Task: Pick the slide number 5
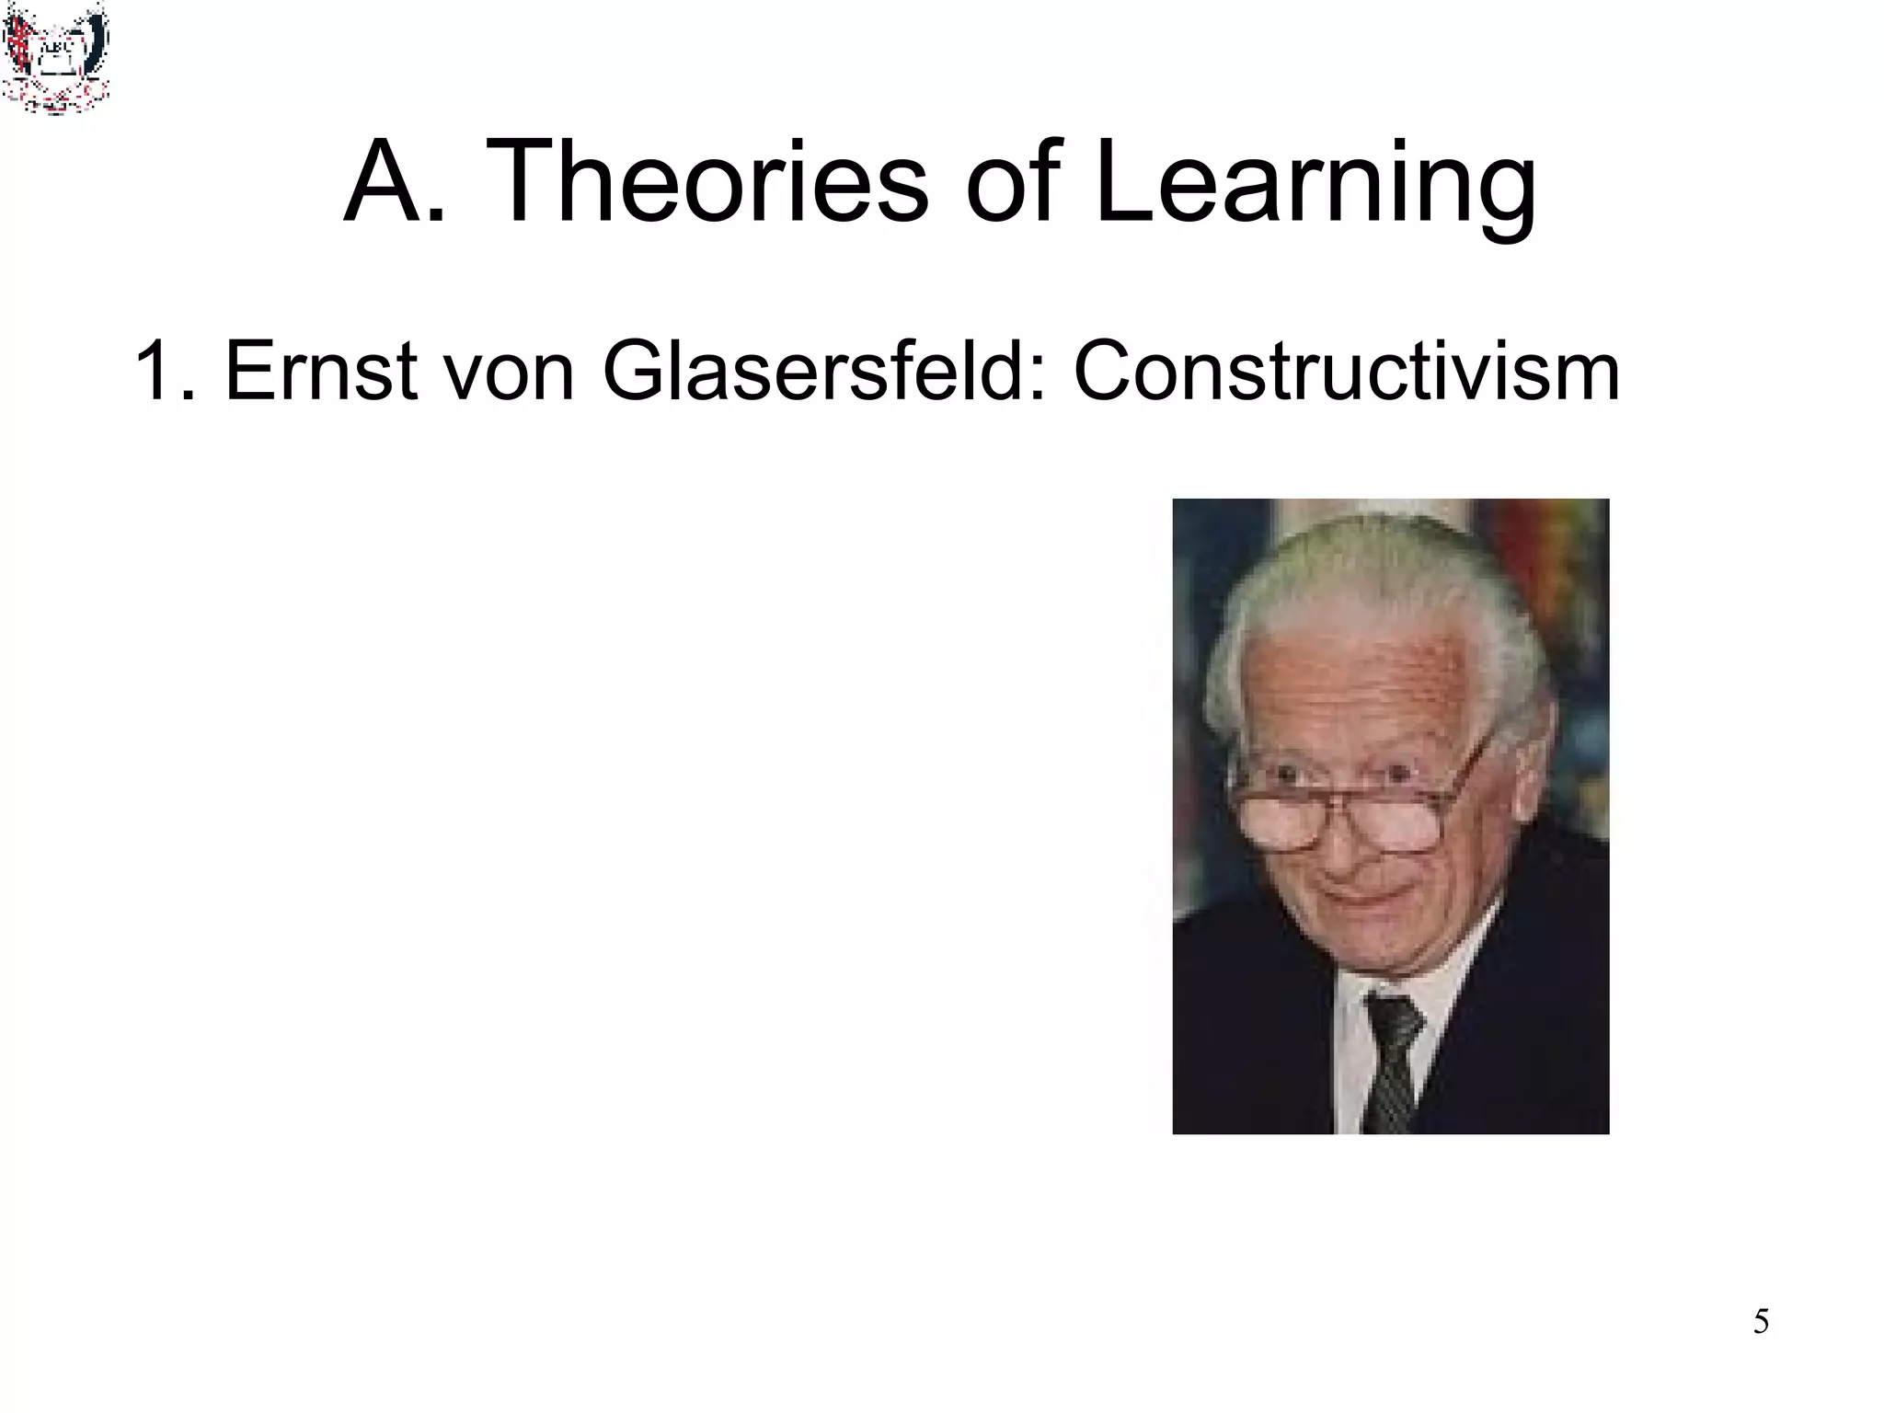[1761, 1322]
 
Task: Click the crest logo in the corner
[55, 57]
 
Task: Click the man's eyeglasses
[1352, 810]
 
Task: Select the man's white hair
[1380, 580]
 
